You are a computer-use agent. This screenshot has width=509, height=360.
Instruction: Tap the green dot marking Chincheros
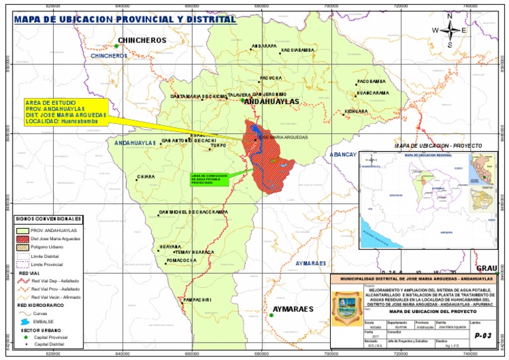[x=115, y=46]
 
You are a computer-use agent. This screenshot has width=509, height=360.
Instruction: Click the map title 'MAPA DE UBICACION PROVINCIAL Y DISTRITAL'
[x=125, y=19]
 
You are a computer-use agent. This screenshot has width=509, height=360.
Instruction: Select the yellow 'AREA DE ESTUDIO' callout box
[x=64, y=111]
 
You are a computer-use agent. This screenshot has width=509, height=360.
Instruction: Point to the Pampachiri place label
[x=197, y=300]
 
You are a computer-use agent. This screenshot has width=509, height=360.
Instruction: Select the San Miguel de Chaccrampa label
[x=194, y=212]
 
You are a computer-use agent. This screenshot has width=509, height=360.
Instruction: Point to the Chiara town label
[x=146, y=177]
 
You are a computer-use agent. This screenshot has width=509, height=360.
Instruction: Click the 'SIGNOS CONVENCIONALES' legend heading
[x=50, y=218]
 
